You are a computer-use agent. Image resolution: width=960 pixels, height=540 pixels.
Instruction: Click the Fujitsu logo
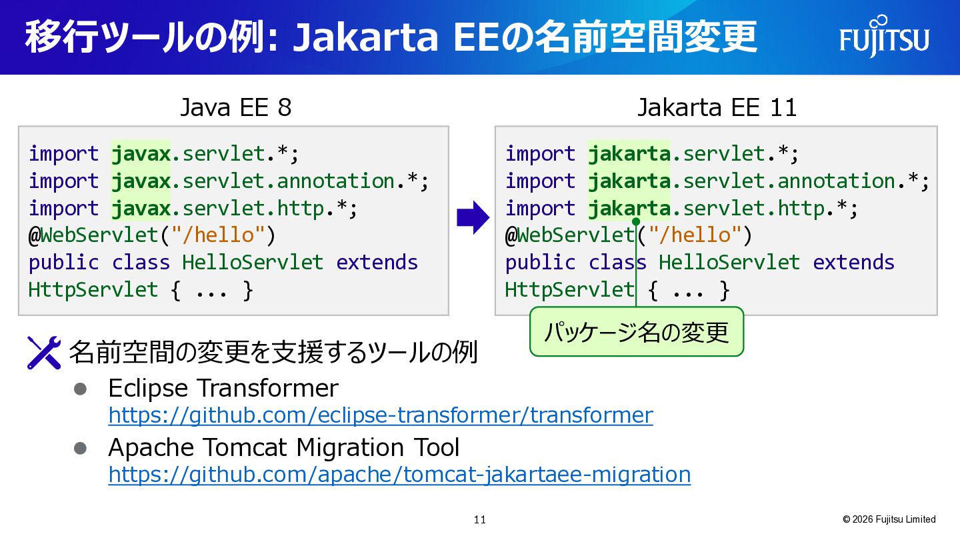(884, 37)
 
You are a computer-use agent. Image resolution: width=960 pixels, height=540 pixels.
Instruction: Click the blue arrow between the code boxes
(473, 217)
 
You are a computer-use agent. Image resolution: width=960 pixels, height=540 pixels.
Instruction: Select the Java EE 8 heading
(236, 107)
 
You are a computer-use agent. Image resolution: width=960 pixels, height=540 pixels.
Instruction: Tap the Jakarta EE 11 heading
(717, 107)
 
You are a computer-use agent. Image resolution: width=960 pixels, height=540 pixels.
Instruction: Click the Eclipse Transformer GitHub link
(381, 415)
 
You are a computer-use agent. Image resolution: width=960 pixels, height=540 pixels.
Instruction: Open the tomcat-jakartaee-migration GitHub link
(399, 475)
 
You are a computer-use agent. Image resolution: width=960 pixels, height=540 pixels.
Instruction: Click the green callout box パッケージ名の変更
(637, 332)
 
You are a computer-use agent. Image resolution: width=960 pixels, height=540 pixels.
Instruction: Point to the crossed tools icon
(44, 353)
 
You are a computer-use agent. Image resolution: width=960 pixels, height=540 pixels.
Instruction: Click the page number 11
(480, 520)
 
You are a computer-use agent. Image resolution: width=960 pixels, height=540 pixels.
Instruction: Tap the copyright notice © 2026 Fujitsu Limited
(889, 519)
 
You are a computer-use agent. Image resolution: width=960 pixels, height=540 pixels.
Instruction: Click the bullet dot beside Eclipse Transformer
(80, 389)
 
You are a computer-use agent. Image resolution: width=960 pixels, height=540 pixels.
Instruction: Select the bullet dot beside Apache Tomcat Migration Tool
(80, 448)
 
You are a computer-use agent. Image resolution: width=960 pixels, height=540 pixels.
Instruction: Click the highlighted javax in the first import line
(141, 154)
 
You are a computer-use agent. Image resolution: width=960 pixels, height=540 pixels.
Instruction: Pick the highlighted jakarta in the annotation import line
(629, 181)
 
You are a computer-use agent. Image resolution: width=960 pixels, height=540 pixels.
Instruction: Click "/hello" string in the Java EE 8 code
(218, 235)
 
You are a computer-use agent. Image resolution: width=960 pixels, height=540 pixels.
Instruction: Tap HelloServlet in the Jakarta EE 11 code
(729, 262)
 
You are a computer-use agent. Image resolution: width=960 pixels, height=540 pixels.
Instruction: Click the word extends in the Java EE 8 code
(377, 262)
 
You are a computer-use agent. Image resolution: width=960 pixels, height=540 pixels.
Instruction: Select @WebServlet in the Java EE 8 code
(93, 235)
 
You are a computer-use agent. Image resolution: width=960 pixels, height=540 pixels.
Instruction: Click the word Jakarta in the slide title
(365, 37)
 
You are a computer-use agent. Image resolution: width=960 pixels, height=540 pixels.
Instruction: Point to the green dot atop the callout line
(636, 221)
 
